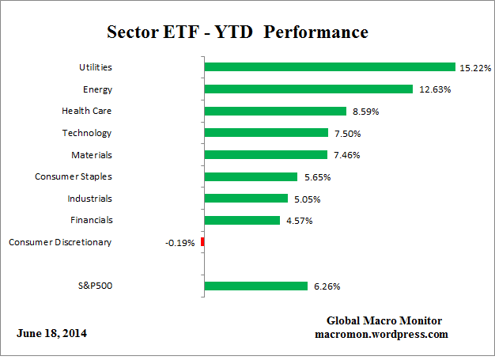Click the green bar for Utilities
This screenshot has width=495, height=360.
tap(330, 67)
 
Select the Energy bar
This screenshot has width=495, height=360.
tap(308, 89)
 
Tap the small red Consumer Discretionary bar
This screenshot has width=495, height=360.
tap(202, 242)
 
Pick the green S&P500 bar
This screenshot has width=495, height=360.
tap(256, 286)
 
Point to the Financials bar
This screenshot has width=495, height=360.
tap(242, 220)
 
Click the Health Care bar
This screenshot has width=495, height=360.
tap(275, 112)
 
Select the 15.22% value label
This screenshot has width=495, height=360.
tap(474, 67)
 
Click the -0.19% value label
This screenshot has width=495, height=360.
tap(180, 242)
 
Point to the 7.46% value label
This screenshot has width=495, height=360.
tap(346, 155)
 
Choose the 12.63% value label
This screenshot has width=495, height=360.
tap(433, 89)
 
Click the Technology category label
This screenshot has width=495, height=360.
tap(86, 133)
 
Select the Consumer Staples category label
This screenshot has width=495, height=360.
tap(74, 176)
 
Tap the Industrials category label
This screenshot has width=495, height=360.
tap(89, 199)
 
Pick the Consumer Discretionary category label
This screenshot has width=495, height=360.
tap(60, 242)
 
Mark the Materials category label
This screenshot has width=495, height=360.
tap(90, 155)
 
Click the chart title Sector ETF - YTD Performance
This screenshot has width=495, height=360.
tap(237, 33)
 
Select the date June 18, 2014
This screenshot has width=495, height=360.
tap(52, 333)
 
